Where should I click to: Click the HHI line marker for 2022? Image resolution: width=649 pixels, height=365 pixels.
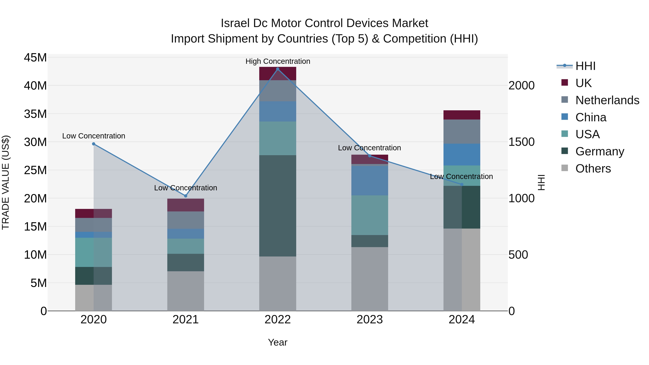(278, 69)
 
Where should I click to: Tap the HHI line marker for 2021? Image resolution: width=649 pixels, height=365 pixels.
(186, 196)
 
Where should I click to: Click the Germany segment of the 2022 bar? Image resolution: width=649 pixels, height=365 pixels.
(278, 206)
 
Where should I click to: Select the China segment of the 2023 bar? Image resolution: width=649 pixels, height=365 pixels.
(370, 180)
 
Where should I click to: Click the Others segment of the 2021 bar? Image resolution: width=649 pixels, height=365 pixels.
(186, 291)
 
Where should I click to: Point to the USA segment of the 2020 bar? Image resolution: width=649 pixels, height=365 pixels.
(93, 252)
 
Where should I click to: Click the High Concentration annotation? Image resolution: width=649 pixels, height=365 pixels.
(278, 61)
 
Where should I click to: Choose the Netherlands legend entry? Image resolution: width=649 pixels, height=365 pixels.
(607, 100)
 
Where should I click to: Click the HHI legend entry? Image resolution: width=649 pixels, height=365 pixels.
(585, 66)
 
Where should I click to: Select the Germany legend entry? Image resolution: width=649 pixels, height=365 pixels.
(600, 151)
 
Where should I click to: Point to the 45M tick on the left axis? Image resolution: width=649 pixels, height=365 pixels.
(35, 58)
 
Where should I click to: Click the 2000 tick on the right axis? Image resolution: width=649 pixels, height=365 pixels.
(521, 86)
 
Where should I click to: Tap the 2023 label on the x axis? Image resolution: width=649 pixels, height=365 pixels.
(370, 320)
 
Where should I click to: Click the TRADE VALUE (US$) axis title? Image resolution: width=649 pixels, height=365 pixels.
(6, 182)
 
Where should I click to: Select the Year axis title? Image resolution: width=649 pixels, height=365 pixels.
(278, 342)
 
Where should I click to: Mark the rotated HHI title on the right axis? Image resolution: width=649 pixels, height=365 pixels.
(541, 182)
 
